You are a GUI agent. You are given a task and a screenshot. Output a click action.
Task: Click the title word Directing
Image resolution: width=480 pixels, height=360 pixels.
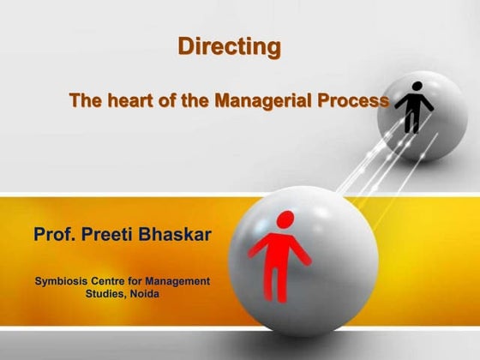229,47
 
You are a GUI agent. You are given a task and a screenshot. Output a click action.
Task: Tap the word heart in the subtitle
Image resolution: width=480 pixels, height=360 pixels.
134,101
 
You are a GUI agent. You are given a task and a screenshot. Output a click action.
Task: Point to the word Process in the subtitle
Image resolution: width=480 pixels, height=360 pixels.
354,101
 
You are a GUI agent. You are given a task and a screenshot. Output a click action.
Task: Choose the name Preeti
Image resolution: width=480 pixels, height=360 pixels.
117,234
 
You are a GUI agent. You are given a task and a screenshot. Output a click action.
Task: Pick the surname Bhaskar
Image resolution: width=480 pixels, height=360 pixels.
180,234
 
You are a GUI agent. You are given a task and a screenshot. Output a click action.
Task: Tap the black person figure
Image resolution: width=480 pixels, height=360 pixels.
414,106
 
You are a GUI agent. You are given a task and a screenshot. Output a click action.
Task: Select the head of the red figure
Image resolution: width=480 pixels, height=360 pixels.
285,219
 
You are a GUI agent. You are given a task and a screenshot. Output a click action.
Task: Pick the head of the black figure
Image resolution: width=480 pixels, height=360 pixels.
416,87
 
